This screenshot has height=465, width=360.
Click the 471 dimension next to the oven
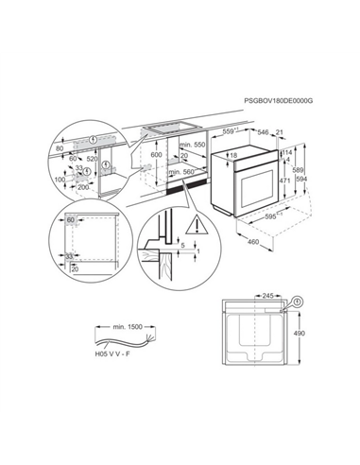coord(283,180)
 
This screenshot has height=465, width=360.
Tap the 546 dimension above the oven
coord(266,131)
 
